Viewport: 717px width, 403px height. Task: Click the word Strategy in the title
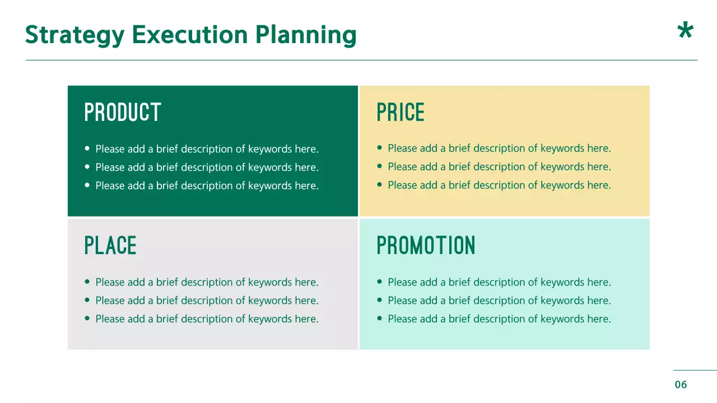click(75, 35)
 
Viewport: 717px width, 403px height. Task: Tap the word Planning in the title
click(306, 35)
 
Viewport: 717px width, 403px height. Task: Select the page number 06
click(681, 385)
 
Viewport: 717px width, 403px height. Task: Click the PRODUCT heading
click(123, 113)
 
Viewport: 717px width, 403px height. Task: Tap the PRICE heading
click(401, 113)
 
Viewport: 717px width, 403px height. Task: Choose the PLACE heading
click(110, 246)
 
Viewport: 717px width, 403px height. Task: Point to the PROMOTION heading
click(426, 246)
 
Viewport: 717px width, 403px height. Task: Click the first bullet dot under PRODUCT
click(87, 149)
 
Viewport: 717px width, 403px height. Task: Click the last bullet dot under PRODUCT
click(87, 185)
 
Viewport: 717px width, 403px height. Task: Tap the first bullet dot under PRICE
click(379, 148)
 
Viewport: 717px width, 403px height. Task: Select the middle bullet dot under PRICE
click(379, 166)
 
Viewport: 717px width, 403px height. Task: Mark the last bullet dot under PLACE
click(87, 318)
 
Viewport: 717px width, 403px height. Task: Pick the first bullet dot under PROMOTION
click(379, 282)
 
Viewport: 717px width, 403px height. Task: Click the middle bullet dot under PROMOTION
click(379, 301)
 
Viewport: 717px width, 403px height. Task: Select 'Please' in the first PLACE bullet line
click(109, 282)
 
